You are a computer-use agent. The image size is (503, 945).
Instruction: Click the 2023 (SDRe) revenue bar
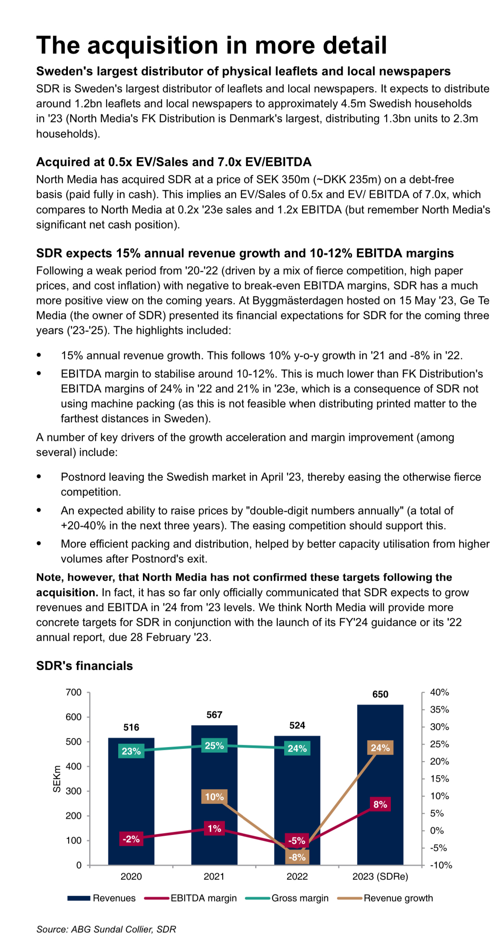pyautogui.click(x=380, y=785)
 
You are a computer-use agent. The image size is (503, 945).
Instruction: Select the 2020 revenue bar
pyautogui.click(x=131, y=801)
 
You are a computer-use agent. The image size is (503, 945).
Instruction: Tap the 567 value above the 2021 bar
pyautogui.click(x=214, y=715)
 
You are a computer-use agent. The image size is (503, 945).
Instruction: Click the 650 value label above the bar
pyautogui.click(x=380, y=694)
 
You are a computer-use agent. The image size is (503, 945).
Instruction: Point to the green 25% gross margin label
pyautogui.click(x=214, y=746)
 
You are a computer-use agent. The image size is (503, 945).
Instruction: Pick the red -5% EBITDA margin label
pyautogui.click(x=297, y=841)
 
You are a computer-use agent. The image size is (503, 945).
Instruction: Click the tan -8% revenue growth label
pyautogui.click(x=297, y=857)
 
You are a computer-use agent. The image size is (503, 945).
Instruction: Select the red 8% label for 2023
pyautogui.click(x=380, y=804)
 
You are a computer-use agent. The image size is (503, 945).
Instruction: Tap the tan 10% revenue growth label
pyautogui.click(x=214, y=797)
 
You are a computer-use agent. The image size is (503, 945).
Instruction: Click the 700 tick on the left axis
pyautogui.click(x=73, y=692)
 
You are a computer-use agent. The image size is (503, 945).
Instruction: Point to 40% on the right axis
pyautogui.click(x=439, y=692)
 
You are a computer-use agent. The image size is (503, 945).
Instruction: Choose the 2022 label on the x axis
pyautogui.click(x=297, y=876)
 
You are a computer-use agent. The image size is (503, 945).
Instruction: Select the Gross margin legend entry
pyautogui.click(x=287, y=898)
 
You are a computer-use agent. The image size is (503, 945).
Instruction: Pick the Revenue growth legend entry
pyautogui.click(x=385, y=898)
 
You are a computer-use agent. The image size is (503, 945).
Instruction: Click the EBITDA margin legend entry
pyautogui.click(x=190, y=898)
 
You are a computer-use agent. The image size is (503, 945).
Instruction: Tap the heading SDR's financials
pyautogui.click(x=84, y=666)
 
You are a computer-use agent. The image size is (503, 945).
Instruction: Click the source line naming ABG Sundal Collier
pyautogui.click(x=106, y=929)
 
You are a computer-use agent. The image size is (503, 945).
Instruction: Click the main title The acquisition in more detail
pyautogui.click(x=212, y=45)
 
